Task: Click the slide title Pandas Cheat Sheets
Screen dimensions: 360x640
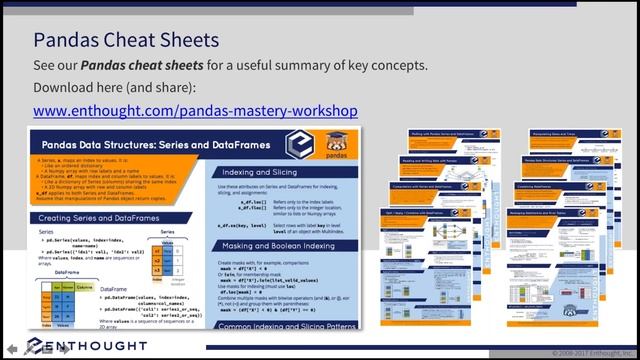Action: point(125,40)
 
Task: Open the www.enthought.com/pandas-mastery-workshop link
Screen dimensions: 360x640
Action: point(195,110)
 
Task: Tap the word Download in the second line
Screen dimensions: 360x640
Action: point(67,87)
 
